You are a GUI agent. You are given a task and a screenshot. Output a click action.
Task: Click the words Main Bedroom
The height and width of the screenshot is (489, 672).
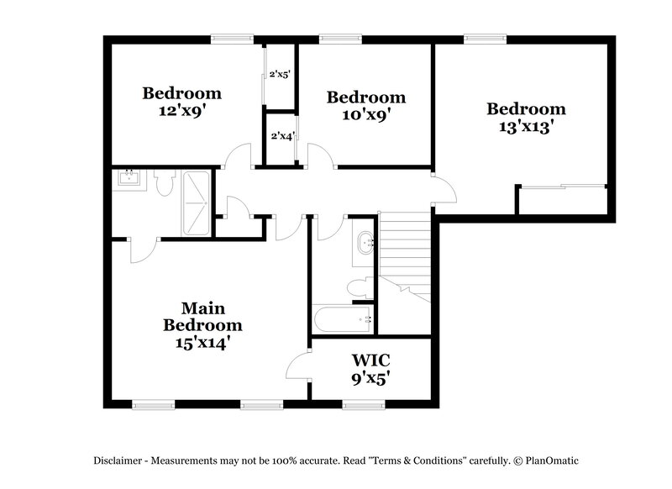(x=202, y=316)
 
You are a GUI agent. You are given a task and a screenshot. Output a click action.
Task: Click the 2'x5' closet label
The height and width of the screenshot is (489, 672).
(x=279, y=75)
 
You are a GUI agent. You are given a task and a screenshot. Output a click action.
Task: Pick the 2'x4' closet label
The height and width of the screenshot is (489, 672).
(x=281, y=136)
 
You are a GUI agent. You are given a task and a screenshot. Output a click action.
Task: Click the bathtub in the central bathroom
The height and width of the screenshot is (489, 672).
(x=343, y=319)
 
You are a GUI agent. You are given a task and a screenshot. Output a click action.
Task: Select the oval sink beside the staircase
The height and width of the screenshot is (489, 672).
(x=365, y=243)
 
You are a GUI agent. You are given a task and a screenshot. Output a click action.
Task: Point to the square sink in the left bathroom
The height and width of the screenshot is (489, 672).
(x=130, y=178)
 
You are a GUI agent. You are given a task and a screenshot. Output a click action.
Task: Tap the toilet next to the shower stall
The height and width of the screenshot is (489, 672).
(x=164, y=182)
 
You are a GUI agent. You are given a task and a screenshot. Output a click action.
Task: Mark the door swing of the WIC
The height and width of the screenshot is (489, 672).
(x=298, y=365)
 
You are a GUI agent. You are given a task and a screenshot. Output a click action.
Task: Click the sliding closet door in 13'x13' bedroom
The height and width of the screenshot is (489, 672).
(x=561, y=187)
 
